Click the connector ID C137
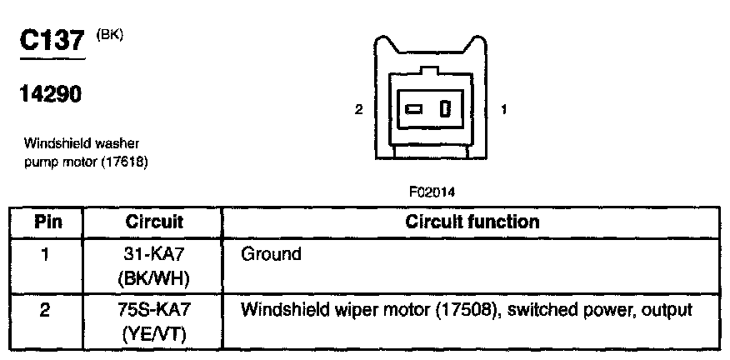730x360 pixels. (52, 42)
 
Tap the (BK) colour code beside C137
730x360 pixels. (110, 34)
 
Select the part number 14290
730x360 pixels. (51, 95)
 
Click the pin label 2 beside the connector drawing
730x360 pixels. (358, 109)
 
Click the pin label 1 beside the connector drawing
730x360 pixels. (504, 109)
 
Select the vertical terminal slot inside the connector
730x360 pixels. (445, 109)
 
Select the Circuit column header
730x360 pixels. (154, 222)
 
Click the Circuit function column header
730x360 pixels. (472, 222)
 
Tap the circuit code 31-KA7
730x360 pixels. (154, 254)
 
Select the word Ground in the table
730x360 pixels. (271, 254)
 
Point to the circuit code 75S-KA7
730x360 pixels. (154, 311)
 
